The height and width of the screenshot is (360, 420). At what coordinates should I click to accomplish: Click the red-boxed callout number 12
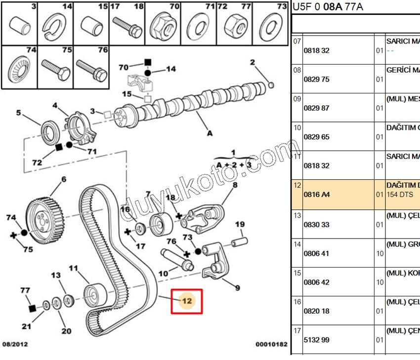click(x=187, y=301)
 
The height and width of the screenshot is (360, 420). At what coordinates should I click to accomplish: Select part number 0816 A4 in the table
click(x=316, y=195)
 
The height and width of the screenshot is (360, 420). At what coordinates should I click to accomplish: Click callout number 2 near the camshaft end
click(x=252, y=62)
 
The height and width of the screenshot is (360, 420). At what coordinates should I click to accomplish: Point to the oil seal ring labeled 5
click(x=49, y=132)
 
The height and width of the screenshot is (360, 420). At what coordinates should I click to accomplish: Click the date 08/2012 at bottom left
click(x=15, y=344)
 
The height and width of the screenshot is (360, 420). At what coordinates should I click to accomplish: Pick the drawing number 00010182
click(x=271, y=344)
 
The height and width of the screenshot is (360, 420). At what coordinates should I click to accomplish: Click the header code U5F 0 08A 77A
click(x=328, y=6)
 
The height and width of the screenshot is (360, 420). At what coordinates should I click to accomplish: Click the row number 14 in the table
click(x=297, y=244)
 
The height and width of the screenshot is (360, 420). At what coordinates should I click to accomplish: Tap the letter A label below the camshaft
click(x=210, y=132)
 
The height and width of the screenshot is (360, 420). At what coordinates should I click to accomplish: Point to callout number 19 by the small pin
click(x=240, y=225)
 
